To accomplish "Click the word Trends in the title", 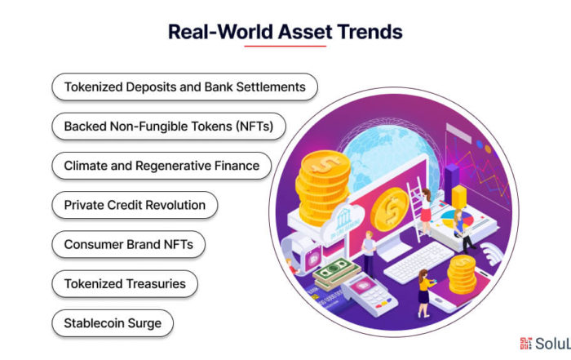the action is (370, 32).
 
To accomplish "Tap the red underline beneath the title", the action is (285, 47).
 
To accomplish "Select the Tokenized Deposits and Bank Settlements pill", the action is (184, 87).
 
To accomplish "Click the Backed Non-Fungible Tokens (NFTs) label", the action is (169, 127).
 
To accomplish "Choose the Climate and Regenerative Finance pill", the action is (162, 166).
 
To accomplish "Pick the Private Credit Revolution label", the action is (135, 205).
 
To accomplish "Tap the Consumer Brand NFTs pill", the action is (129, 245).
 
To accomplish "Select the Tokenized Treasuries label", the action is (125, 284).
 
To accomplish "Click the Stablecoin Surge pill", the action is (113, 323).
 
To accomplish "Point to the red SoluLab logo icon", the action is (525, 343).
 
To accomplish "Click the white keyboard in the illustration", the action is (418, 261).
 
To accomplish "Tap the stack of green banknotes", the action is (335, 274).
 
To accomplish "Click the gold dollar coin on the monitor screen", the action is (390, 210).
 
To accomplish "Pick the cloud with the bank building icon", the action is (343, 220).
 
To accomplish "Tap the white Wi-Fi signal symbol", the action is (492, 253).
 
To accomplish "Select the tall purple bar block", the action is (452, 181).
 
